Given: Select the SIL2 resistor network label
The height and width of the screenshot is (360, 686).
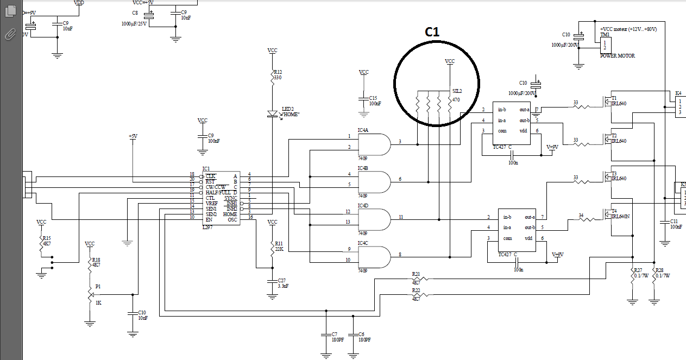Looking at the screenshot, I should [x=457, y=91].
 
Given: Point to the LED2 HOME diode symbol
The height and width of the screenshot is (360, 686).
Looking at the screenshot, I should [x=273, y=114].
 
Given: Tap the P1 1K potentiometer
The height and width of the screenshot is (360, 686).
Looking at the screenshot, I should [x=90, y=294].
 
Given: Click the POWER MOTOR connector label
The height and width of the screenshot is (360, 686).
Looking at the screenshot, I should [x=617, y=55].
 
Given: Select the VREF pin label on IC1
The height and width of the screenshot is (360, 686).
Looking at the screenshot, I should [x=211, y=203].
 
